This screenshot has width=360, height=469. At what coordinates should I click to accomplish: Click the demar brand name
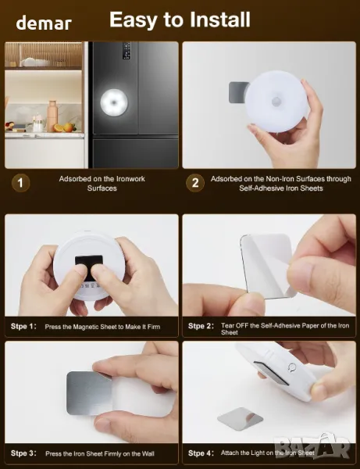tap(44, 23)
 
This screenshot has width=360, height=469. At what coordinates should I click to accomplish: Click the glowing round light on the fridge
tap(115, 103)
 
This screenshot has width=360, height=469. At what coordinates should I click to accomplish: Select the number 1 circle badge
tap(20, 183)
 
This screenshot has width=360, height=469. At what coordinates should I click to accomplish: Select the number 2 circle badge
tap(195, 183)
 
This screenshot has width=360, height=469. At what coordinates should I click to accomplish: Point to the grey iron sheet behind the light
tap(238, 92)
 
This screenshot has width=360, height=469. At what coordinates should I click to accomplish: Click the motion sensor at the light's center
tap(276, 101)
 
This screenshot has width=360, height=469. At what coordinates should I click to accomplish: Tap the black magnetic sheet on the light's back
tap(89, 263)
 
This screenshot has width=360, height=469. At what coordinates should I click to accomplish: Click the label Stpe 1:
tap(23, 326)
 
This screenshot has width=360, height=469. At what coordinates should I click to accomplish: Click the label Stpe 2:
tap(201, 326)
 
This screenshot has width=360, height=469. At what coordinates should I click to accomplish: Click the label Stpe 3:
tap(23, 453)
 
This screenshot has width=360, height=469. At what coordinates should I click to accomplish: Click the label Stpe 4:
tap(201, 453)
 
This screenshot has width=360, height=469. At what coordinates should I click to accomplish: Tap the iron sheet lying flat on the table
tap(241, 417)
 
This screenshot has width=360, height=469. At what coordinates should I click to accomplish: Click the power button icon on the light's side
tap(292, 367)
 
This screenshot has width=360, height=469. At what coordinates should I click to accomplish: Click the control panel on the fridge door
tap(127, 50)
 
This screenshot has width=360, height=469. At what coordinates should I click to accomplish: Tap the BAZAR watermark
tap(312, 446)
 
